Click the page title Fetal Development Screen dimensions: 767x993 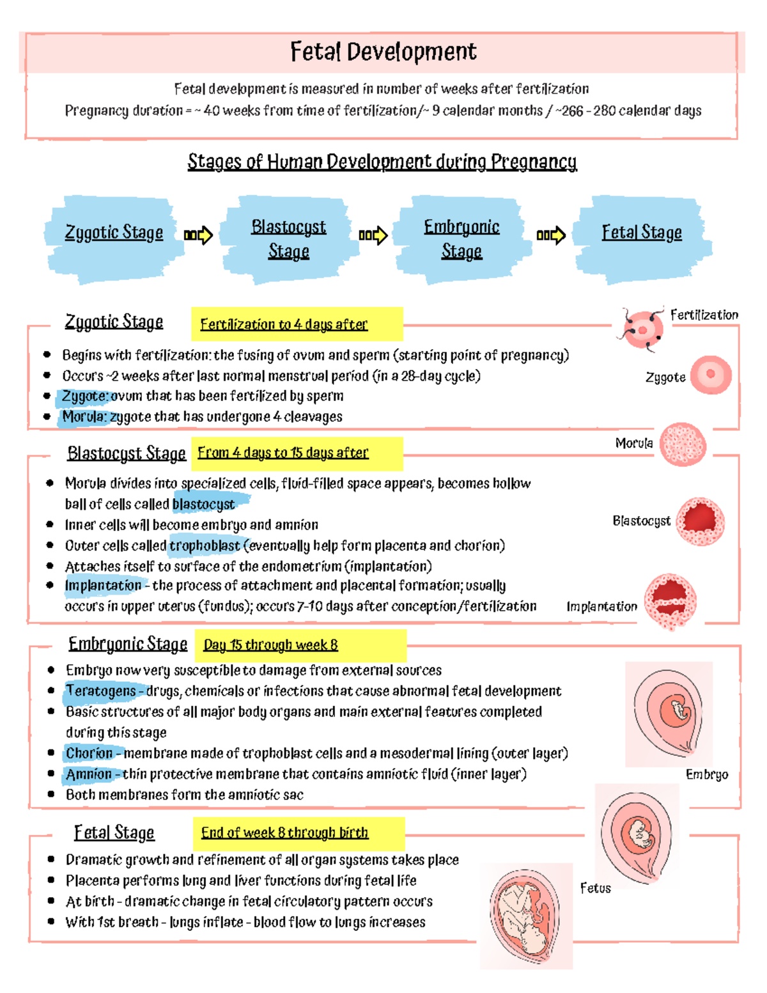[383, 52]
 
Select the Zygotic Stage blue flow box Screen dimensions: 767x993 [113, 239]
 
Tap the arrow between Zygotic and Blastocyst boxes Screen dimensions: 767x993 [198, 235]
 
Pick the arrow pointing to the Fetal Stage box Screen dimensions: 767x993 [551, 235]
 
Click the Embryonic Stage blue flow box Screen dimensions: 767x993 [461, 239]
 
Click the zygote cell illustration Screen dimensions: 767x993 [711, 375]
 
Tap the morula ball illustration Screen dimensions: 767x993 [683, 444]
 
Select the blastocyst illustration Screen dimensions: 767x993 [700, 521]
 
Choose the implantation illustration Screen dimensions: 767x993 [670, 602]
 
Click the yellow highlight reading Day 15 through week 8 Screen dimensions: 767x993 [300, 645]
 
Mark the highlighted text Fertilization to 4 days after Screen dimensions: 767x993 [284, 324]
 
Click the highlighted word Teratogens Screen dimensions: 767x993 [101, 691]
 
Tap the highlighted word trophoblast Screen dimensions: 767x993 [204, 545]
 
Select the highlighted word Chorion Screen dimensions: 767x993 [89, 753]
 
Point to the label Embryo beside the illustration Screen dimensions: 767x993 [707, 774]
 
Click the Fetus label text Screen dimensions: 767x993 [595, 888]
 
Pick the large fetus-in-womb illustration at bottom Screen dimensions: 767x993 [526, 916]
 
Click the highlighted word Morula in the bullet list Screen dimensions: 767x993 [84, 416]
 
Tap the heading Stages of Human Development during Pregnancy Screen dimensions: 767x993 [382, 162]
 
